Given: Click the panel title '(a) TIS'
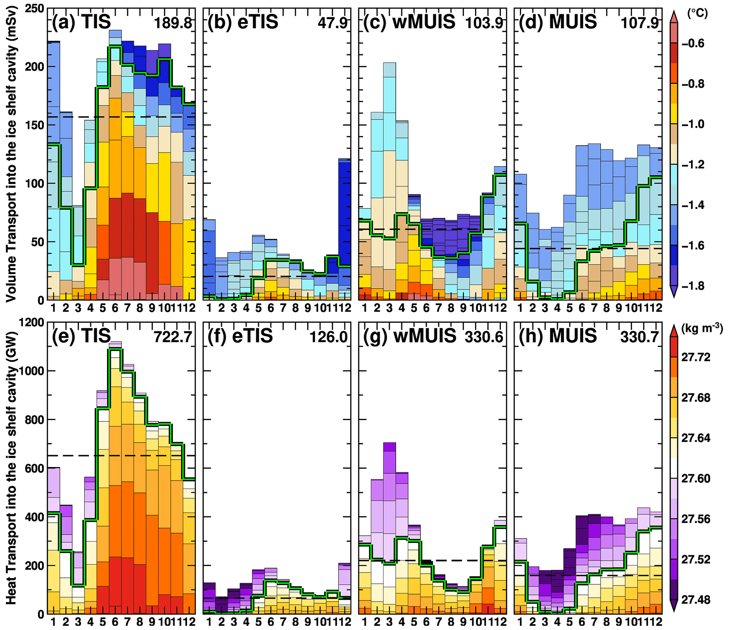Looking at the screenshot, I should (81, 22).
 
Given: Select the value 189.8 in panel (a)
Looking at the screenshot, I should (173, 23).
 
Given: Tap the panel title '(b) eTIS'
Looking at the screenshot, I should (243, 22).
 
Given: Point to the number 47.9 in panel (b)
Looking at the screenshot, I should (333, 23).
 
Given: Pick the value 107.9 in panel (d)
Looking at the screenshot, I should (640, 23).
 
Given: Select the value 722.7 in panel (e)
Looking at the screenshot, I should (173, 337).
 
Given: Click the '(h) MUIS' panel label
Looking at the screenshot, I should (558, 336).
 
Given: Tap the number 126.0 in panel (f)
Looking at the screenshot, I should (329, 337).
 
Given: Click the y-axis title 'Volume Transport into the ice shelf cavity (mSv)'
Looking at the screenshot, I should (11, 155).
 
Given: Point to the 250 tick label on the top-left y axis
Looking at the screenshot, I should (34, 9).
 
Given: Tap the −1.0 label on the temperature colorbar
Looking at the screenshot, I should (693, 124).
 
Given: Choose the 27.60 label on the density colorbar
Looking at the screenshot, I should (696, 478).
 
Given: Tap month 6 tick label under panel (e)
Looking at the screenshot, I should (115, 622).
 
